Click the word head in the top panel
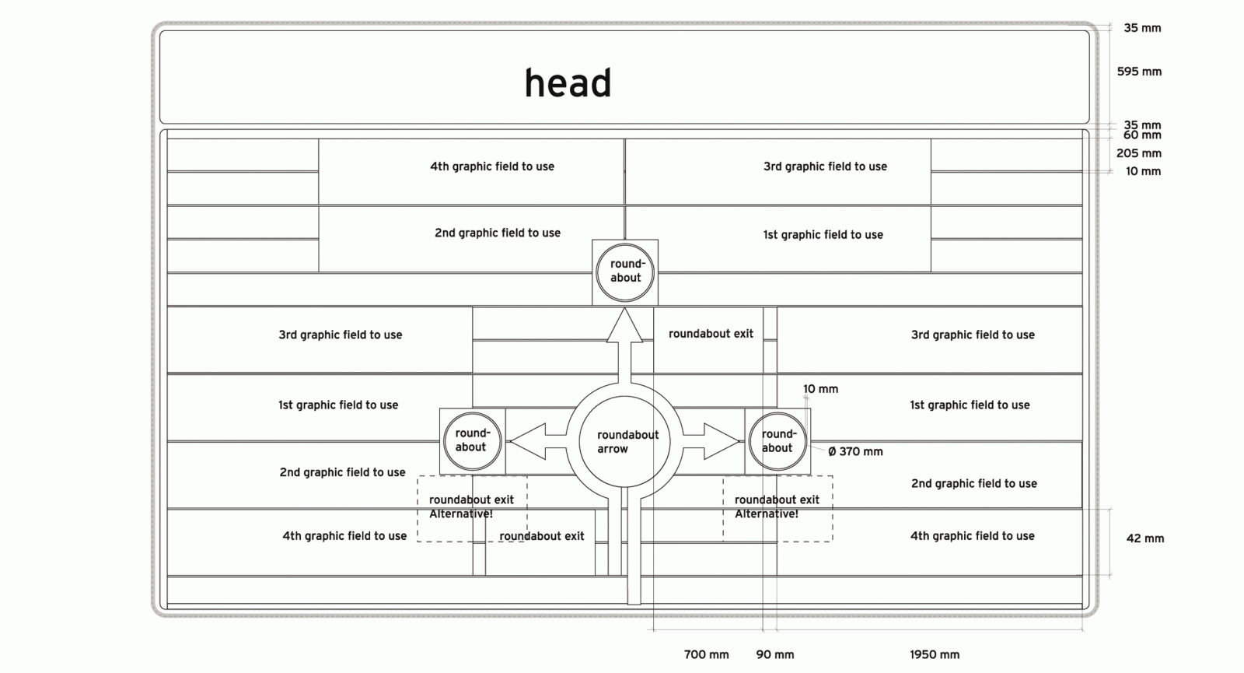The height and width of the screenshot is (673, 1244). tap(568, 82)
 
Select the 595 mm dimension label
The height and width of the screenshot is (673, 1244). tap(1139, 72)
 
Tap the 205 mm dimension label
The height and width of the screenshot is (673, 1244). tap(1138, 153)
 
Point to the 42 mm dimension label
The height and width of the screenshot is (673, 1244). tap(1144, 538)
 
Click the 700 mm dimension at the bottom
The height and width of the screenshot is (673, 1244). tap(706, 655)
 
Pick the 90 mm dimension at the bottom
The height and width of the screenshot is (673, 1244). tap(775, 655)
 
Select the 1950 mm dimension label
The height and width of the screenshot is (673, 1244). tap(935, 655)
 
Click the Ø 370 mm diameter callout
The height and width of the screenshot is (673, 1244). tap(855, 451)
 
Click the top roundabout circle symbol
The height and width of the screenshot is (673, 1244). tap(625, 272)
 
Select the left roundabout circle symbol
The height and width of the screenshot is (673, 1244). tap(471, 440)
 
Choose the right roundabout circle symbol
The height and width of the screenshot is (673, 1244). tap(777, 441)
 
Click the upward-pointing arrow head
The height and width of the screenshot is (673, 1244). tap(624, 326)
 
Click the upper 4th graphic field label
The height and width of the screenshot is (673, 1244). tap(492, 166)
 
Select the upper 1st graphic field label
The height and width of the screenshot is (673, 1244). tap(823, 235)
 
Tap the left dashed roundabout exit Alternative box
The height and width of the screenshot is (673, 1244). tap(472, 508)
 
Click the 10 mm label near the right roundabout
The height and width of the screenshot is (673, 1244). tap(820, 389)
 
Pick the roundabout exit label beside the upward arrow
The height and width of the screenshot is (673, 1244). tap(711, 334)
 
